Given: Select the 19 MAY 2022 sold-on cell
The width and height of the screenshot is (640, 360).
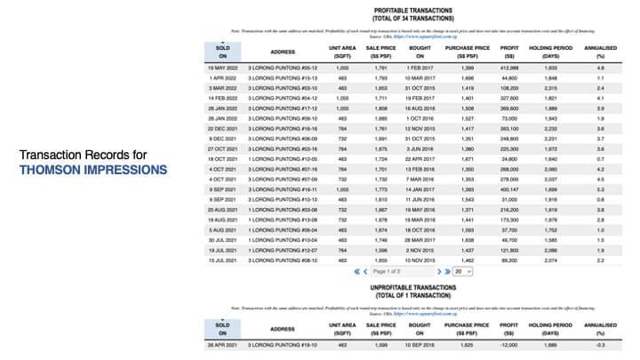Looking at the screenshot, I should tap(222, 68).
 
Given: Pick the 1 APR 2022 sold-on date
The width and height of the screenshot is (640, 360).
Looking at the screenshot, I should tap(222, 78).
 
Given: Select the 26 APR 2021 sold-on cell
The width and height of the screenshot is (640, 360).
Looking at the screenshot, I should tap(222, 344).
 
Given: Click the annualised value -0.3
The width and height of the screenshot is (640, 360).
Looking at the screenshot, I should tap(601, 344).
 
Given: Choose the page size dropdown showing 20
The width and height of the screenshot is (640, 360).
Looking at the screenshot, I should tap(461, 270).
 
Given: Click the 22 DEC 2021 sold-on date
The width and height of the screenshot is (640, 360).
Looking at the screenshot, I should tap(222, 127).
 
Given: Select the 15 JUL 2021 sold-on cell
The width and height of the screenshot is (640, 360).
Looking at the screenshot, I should tap(222, 260).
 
